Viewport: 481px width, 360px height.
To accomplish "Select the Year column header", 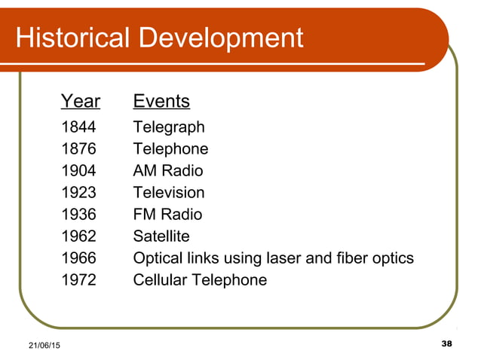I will click(x=80, y=101).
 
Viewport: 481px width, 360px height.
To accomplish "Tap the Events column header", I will click(x=161, y=101).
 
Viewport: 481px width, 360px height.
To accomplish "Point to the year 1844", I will click(x=78, y=127).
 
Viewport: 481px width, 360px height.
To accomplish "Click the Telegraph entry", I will click(x=168, y=127).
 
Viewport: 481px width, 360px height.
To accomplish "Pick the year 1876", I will click(x=78, y=149).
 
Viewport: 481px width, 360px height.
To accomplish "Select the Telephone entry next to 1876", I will click(x=170, y=149).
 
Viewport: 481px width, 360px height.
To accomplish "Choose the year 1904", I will click(x=78, y=171).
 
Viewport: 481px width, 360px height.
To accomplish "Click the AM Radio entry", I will click(x=167, y=171).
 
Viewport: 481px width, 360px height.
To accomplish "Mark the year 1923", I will click(x=78, y=193).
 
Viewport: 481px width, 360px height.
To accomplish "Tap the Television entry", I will click(x=168, y=193).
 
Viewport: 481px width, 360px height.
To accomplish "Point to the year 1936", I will click(x=78, y=215).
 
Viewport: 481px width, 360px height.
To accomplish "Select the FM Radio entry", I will click(x=167, y=215).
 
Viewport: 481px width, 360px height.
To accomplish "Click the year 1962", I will click(x=78, y=236).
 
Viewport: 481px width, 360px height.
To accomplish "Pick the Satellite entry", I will click(x=161, y=236).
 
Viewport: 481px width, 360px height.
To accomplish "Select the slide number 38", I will click(x=446, y=343).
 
